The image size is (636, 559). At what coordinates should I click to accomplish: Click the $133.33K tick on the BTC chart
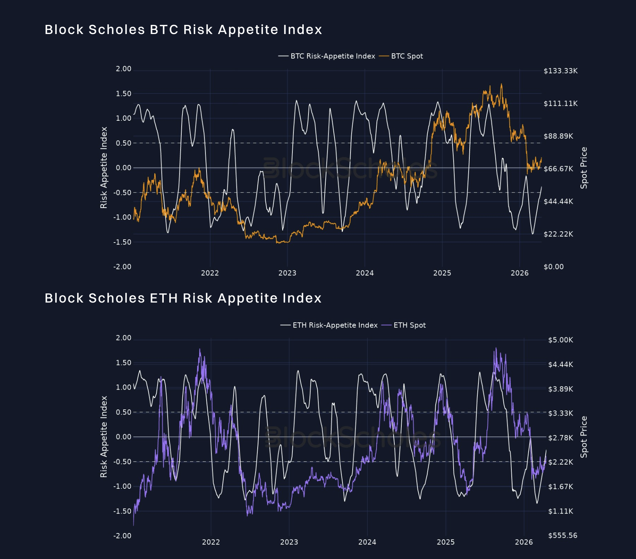click(x=560, y=71)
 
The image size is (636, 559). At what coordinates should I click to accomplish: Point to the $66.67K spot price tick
click(x=558, y=169)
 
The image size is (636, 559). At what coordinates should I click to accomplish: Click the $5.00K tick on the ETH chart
click(x=560, y=340)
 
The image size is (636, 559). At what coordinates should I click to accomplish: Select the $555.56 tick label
click(x=563, y=536)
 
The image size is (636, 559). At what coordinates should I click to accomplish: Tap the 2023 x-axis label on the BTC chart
click(x=287, y=273)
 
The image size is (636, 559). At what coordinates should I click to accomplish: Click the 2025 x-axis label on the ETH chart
click(x=446, y=542)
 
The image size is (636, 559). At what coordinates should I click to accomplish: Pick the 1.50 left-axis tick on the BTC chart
click(x=124, y=94)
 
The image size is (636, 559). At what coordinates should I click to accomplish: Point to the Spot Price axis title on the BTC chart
click(x=584, y=168)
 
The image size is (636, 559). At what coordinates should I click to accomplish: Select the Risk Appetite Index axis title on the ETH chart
click(x=104, y=437)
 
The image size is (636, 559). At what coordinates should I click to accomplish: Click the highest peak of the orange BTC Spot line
click(x=501, y=85)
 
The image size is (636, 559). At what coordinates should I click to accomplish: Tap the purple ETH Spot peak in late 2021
click(x=200, y=349)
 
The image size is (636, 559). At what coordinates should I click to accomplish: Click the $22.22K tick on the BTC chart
click(x=558, y=234)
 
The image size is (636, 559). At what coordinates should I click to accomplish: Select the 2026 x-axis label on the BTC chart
click(x=519, y=273)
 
